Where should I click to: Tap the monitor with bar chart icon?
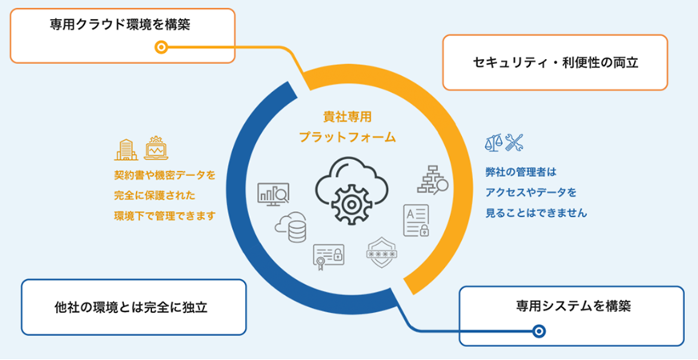click(x=273, y=194)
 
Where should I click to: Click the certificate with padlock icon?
click(x=328, y=256)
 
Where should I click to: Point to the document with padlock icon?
click(x=416, y=220)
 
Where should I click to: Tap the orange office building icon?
click(x=126, y=150)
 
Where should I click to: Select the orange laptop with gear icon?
click(x=156, y=149)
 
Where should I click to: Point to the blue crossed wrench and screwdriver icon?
click(x=515, y=143)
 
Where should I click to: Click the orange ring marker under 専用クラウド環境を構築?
click(x=161, y=47)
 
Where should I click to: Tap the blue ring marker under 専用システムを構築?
click(x=539, y=330)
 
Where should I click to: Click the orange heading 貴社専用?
click(x=347, y=117)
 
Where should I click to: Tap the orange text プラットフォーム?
click(x=347, y=137)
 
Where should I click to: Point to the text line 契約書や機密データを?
click(x=165, y=174)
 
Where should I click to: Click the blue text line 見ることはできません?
click(x=536, y=214)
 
